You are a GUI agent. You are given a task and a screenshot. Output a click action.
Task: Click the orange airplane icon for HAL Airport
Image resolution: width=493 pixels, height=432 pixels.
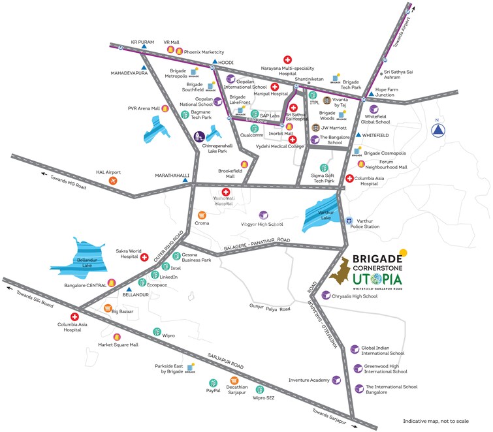pos(114,179)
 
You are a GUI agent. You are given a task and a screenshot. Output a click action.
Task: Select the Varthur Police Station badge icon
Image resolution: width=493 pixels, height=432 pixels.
pos(349,221)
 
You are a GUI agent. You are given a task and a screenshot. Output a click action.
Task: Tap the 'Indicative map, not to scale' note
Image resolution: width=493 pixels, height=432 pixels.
pos(443,422)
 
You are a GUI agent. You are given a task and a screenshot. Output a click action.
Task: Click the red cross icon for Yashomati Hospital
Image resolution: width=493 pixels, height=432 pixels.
pos(227,193)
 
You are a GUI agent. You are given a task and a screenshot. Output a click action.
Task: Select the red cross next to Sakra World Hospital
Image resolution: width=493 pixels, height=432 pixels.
pos(144,257)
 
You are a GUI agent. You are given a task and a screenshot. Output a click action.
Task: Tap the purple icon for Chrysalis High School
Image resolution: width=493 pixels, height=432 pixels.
pos(325,295)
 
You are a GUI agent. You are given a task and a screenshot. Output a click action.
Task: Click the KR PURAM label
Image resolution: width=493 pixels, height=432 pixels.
pos(142,42)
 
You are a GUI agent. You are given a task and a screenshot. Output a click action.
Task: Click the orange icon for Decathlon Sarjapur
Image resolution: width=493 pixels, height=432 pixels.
pos(235,380)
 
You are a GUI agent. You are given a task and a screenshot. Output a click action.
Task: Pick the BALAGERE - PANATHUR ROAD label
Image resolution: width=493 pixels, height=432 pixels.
pos(257,243)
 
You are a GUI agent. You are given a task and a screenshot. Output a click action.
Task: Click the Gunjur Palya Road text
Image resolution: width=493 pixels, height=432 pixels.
pos(269,307)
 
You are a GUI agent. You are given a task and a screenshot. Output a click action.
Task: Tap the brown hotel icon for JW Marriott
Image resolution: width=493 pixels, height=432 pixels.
pos(316,128)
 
